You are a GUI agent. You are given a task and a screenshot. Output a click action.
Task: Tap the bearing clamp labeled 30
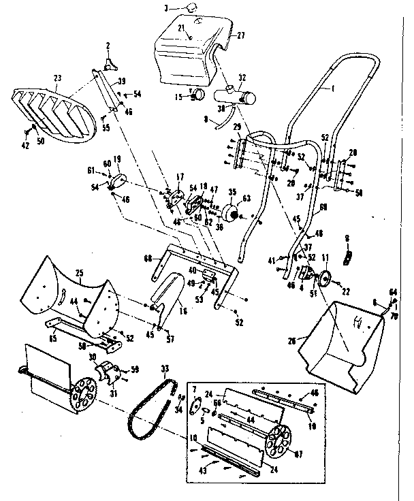tap(110, 371)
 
